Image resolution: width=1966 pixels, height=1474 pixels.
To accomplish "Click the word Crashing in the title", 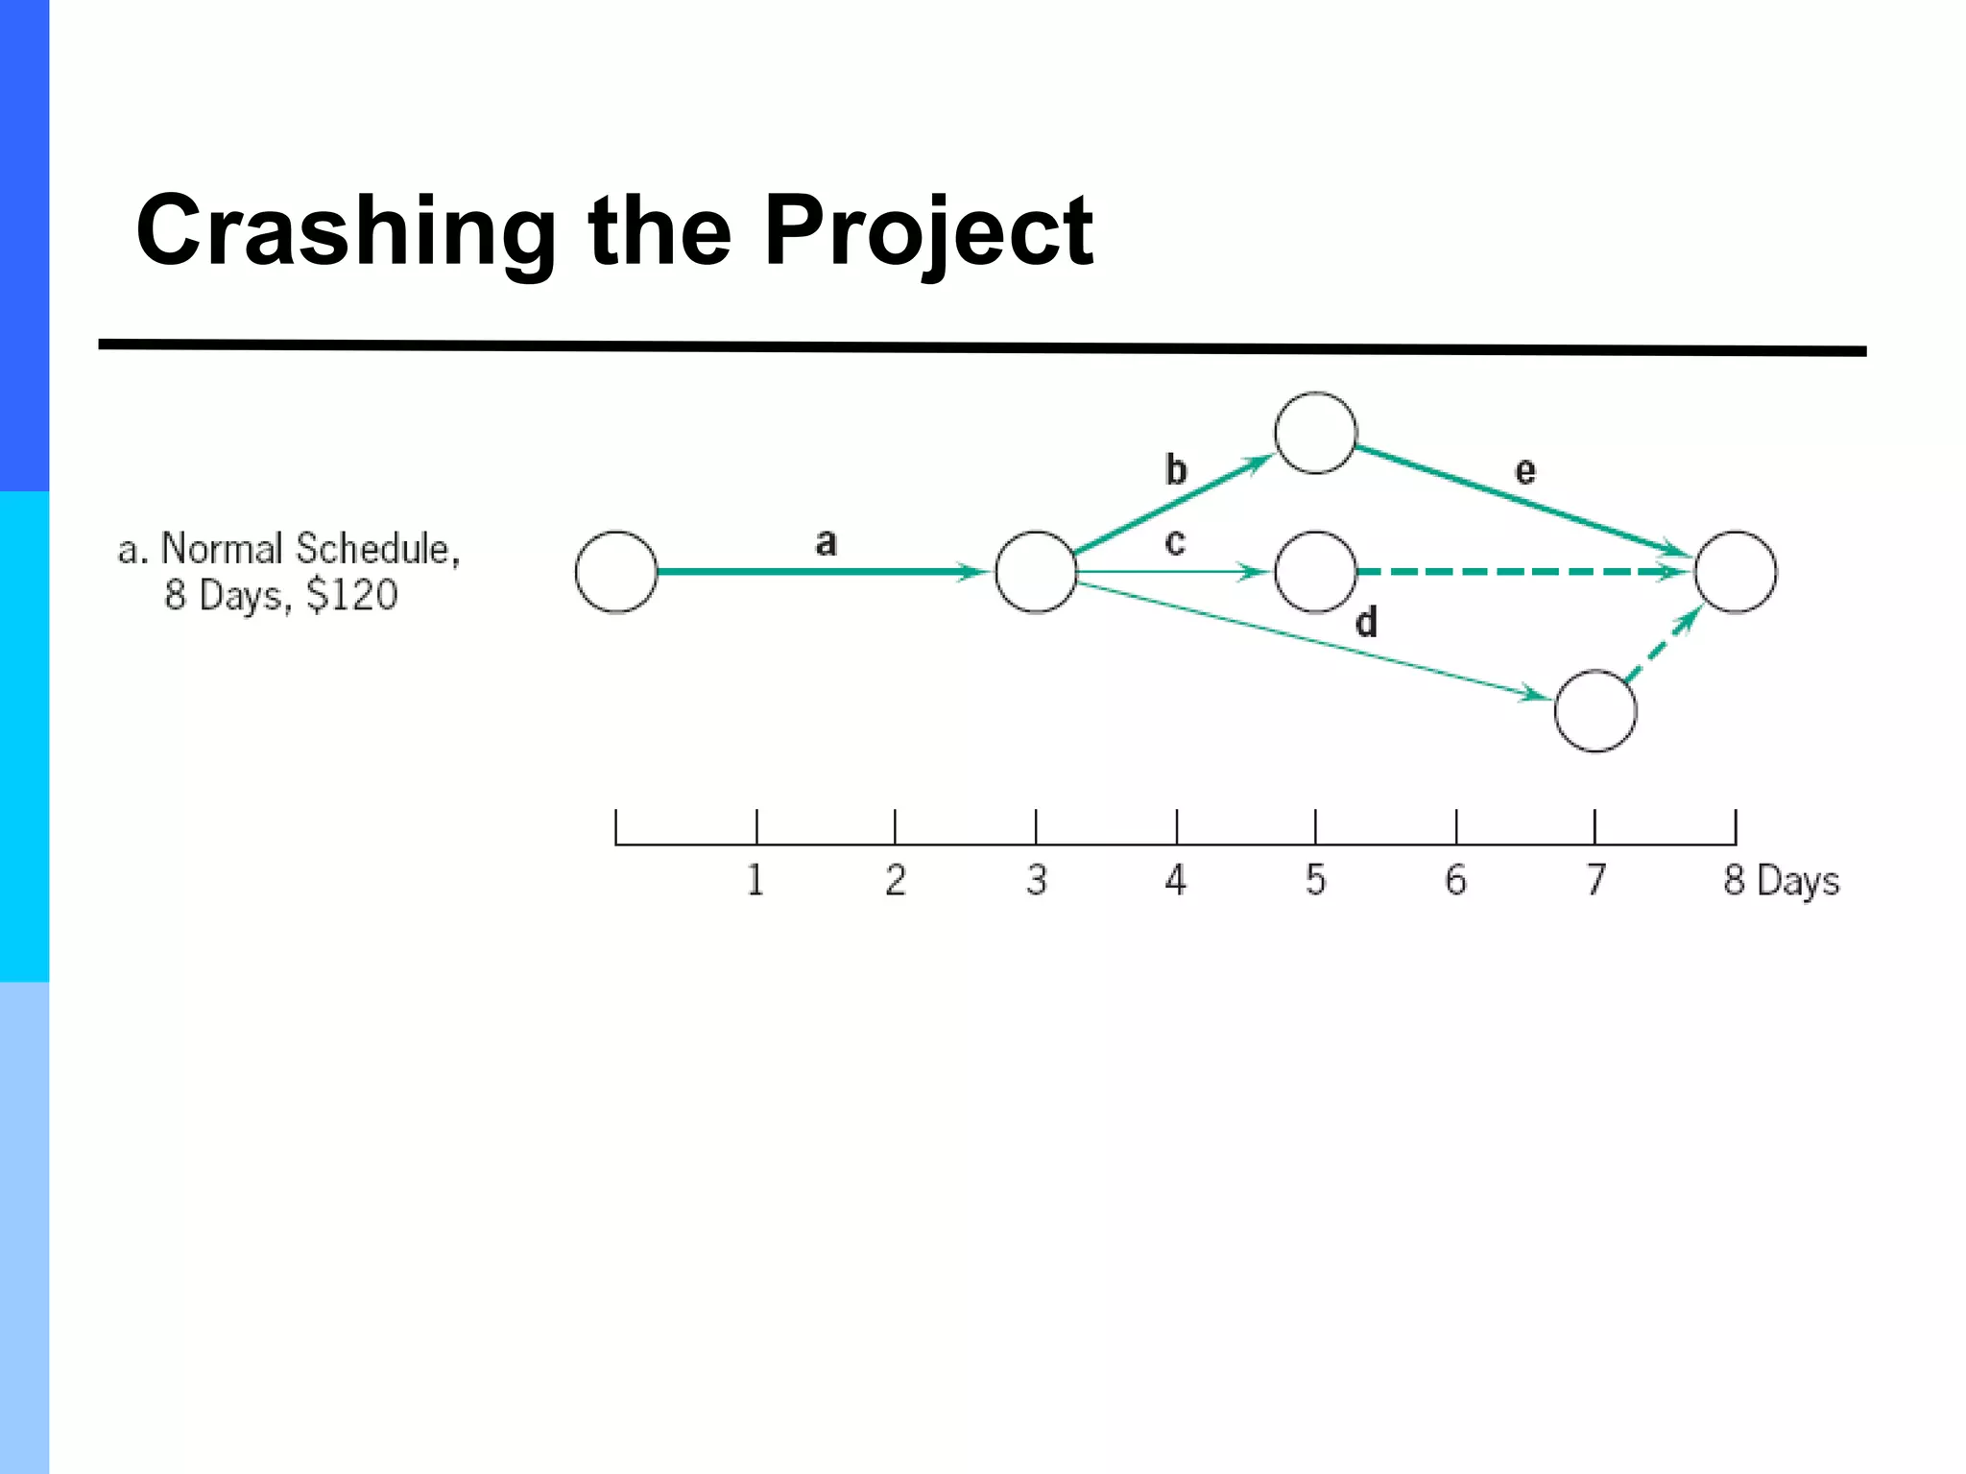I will click(x=346, y=232).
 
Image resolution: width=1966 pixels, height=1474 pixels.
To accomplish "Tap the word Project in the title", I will click(x=927, y=232).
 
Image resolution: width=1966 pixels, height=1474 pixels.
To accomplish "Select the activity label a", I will click(x=826, y=543).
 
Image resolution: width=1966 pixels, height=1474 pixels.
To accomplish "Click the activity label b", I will click(x=1176, y=470).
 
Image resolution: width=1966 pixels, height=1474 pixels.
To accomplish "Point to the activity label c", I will click(x=1175, y=543).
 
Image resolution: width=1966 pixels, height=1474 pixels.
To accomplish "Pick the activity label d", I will click(x=1366, y=623).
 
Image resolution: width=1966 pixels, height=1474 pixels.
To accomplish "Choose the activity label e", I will click(x=1524, y=471).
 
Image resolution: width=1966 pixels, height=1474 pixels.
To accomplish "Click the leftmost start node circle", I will click(x=616, y=572).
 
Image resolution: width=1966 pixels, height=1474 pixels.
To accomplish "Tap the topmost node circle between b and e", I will click(x=1315, y=433).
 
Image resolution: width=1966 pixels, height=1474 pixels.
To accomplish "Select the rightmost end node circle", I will click(x=1736, y=572).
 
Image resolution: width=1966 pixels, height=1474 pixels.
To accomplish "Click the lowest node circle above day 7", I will click(x=1595, y=711).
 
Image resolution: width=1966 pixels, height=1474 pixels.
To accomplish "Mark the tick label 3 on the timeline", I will click(x=1036, y=880).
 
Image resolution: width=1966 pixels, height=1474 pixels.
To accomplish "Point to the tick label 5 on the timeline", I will click(x=1315, y=880).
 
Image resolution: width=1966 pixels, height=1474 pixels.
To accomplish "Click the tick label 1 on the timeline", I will click(x=755, y=880).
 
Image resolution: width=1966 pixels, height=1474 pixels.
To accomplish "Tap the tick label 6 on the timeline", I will click(x=1455, y=880).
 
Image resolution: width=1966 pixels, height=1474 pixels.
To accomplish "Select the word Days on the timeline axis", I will click(x=1798, y=882).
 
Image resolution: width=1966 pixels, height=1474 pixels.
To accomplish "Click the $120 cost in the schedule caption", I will click(x=351, y=595).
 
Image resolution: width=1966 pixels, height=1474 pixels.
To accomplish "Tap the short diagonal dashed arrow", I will click(x=1661, y=646).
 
